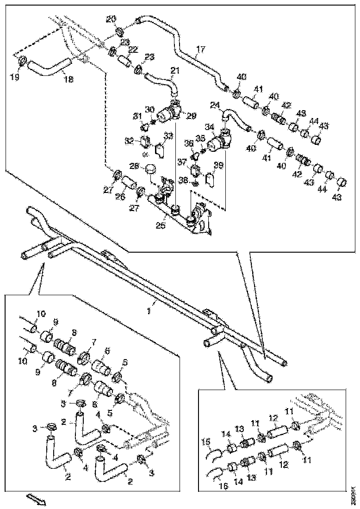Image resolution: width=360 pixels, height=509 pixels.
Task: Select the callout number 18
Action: click(68, 79)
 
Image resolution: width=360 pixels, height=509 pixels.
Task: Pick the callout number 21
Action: click(175, 70)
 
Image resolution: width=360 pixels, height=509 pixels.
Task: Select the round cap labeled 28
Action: click(150, 169)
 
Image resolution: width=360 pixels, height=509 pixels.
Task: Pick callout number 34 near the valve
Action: click(209, 127)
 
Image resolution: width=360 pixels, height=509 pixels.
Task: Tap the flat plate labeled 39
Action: click(210, 179)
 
